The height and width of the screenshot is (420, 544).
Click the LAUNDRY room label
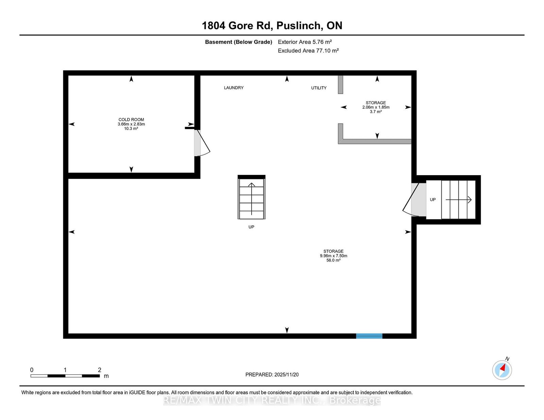click(x=234, y=88)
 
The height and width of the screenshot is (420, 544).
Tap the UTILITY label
click(x=319, y=88)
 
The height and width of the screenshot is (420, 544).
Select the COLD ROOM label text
click(x=131, y=120)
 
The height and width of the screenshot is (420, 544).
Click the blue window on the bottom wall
click(x=369, y=336)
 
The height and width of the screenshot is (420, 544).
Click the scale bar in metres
click(x=65, y=376)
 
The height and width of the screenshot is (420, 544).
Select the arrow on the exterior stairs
click(x=459, y=200)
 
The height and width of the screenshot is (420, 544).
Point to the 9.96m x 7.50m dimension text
click(x=334, y=256)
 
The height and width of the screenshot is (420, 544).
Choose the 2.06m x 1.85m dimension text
click(x=376, y=107)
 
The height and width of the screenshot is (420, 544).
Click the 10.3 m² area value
click(x=131, y=128)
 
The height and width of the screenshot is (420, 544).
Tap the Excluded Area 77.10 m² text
click(x=308, y=51)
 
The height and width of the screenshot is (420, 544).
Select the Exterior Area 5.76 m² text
click(x=305, y=42)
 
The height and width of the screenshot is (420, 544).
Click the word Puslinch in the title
click(x=298, y=25)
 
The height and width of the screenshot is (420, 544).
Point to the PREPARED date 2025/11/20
click(x=272, y=375)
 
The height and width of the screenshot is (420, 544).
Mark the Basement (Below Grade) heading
click(x=239, y=42)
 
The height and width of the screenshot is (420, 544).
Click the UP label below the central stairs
click(x=251, y=227)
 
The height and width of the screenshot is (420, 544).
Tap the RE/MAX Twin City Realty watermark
click(x=272, y=400)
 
